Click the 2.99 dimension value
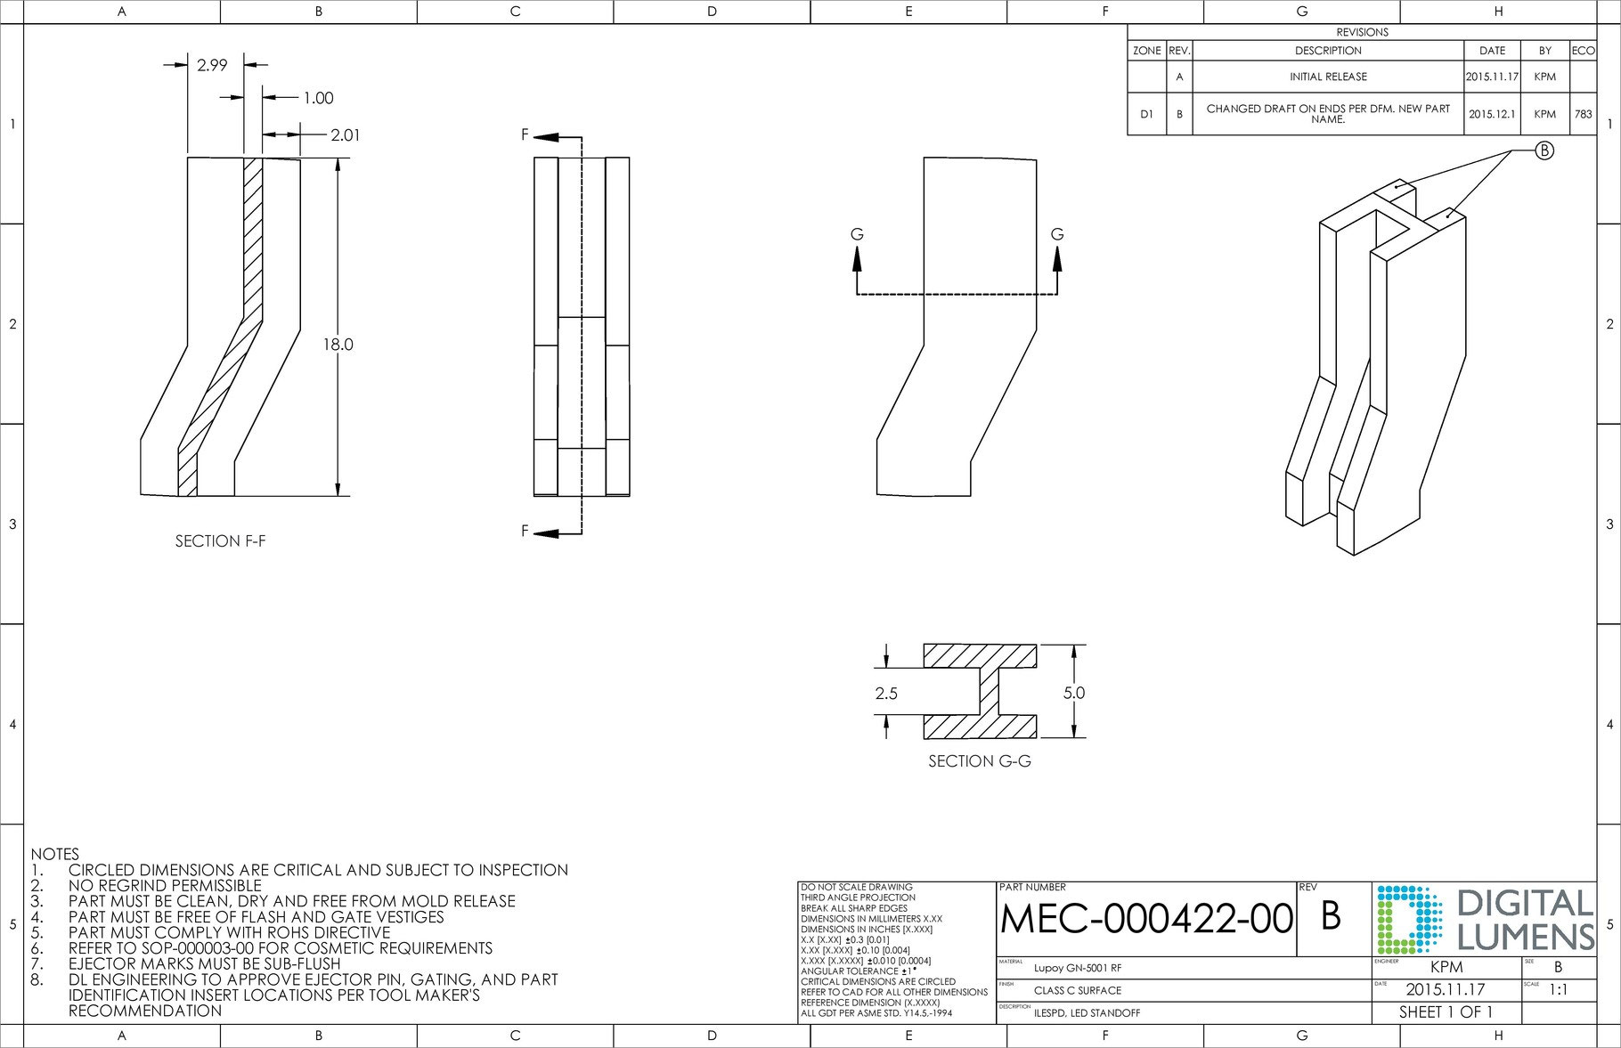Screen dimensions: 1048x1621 coord(212,65)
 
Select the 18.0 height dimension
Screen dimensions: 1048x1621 coord(343,345)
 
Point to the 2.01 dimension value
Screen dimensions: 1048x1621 coord(345,135)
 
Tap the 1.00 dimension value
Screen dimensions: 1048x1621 coord(318,99)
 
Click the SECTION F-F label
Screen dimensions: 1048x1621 coord(220,541)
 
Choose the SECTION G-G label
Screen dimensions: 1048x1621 coord(980,762)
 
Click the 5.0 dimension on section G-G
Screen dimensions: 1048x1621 coord(1074,693)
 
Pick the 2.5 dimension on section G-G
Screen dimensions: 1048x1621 coord(886,694)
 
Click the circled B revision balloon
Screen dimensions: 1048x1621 coord(1544,150)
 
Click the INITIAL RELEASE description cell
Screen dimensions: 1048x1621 coord(1327,77)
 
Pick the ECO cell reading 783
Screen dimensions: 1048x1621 coord(1583,115)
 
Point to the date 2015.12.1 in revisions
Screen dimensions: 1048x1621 coord(1492,115)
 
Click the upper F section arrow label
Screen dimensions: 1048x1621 coord(525,136)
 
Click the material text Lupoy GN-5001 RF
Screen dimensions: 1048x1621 coord(1078,969)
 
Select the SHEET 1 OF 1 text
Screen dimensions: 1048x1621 coord(1446,1012)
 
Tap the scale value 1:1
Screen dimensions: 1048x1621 coord(1559,989)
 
